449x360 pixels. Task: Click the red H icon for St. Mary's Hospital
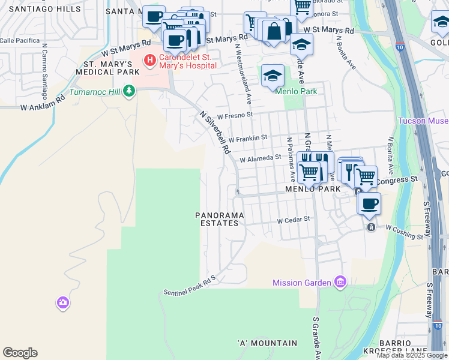click(149, 60)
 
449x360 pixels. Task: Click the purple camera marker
click(63, 302)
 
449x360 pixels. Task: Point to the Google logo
click(20, 353)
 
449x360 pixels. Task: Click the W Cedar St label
click(293, 220)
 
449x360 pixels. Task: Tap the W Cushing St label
click(405, 232)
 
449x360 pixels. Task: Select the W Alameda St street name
click(260, 159)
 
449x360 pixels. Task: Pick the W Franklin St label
click(247, 139)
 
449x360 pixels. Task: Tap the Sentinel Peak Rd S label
click(188, 286)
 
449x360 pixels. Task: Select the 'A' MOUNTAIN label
click(267, 343)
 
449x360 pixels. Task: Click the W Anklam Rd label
click(42, 103)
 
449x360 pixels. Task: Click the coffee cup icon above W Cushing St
click(369, 203)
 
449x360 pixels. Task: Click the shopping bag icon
click(274, 32)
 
